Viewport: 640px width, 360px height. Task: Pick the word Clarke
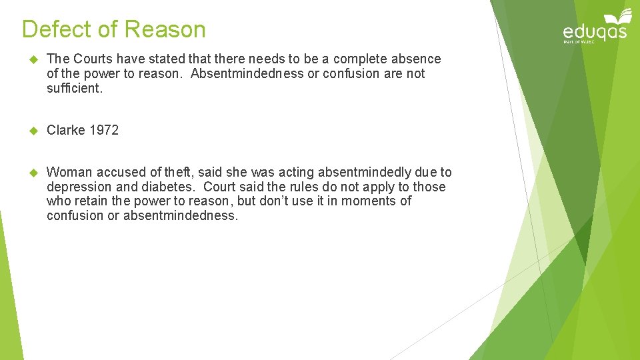(66, 130)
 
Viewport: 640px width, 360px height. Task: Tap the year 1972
(103, 130)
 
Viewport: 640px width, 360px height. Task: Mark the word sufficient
(75, 87)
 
